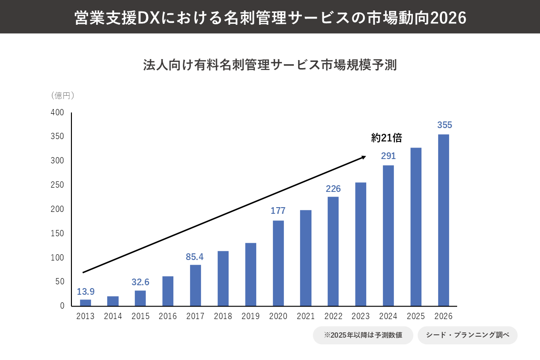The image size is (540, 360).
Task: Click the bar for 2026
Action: coord(443,220)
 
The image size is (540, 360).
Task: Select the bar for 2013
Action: coord(85,302)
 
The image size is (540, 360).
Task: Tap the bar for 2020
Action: coord(278,263)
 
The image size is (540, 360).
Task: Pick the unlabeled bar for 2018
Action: coord(223,278)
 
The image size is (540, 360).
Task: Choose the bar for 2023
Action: coord(361,244)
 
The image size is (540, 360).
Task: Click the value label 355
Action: coord(444,125)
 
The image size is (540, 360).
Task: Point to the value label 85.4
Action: coord(195,257)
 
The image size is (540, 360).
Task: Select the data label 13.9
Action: coord(86,291)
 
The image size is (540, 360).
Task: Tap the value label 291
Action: coord(388,156)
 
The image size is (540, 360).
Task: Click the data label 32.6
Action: coord(140,282)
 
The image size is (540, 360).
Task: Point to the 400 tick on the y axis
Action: coord(57,113)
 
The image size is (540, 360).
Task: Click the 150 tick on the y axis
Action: coord(57,233)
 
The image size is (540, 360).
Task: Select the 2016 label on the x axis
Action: coord(168,316)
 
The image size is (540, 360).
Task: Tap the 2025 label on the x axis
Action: coord(416,316)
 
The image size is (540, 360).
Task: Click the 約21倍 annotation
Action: coord(387,138)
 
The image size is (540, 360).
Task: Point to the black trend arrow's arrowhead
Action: coord(363,157)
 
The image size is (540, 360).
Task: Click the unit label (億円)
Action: coord(62,95)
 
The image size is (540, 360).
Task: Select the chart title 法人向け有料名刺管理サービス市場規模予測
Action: coord(270,65)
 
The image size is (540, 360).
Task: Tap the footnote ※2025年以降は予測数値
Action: coord(362,335)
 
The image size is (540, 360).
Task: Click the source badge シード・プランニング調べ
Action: coord(467,335)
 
